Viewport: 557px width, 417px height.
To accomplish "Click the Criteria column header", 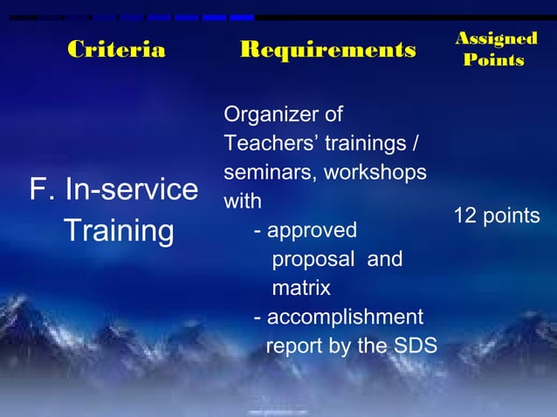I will point(116,50).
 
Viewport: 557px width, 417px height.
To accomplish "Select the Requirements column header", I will point(327,50).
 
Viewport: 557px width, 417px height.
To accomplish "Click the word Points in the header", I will point(494,60).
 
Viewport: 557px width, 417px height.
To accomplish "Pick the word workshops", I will point(375,174).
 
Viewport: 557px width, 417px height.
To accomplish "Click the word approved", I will point(312,231).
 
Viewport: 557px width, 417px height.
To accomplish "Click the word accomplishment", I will point(345,318).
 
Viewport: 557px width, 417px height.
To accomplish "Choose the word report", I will point(292,346).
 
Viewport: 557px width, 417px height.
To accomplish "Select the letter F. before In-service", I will point(40,190).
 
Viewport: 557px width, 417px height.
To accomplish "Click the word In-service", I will point(126,190).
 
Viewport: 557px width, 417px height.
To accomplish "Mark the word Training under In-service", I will point(119,232).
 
